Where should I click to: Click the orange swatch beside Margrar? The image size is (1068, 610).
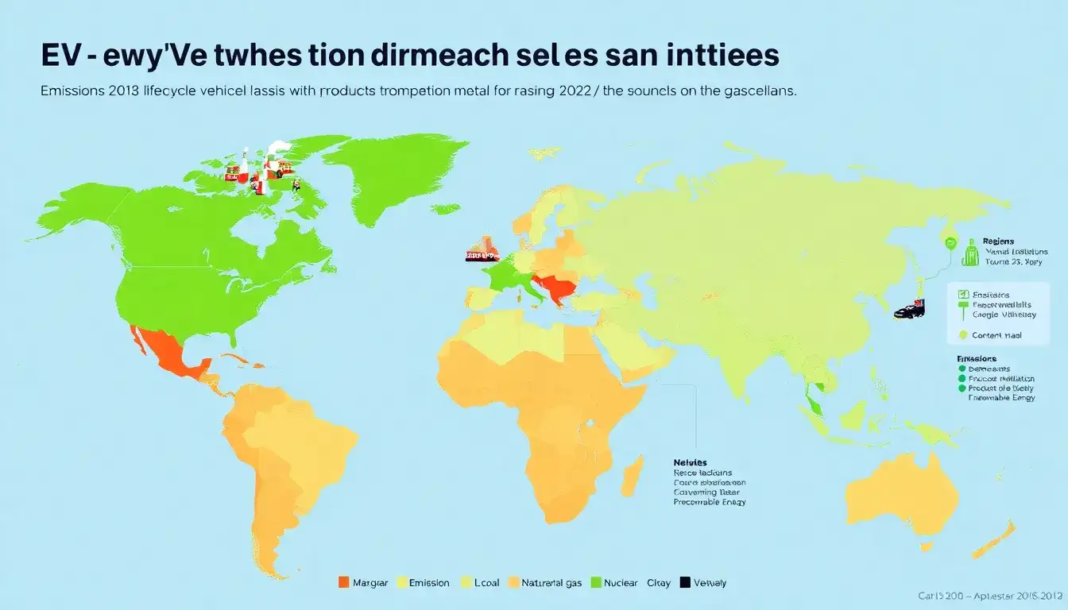[344, 582]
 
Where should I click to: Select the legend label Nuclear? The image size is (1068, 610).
[620, 582]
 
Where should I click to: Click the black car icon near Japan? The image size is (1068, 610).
[908, 310]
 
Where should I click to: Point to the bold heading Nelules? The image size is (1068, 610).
[690, 462]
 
